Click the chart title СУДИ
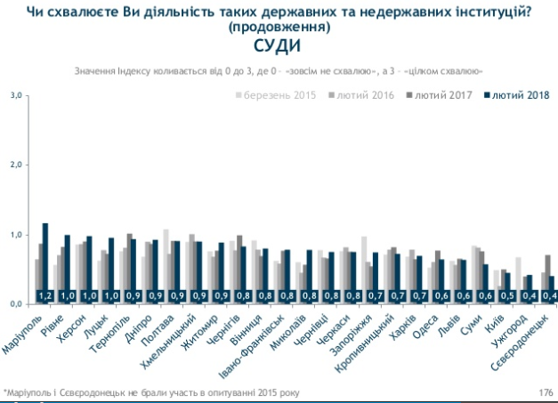(x=279, y=47)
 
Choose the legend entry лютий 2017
(x=443, y=95)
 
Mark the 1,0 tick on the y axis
(x=15, y=235)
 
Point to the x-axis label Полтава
(x=161, y=326)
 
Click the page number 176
(x=546, y=391)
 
